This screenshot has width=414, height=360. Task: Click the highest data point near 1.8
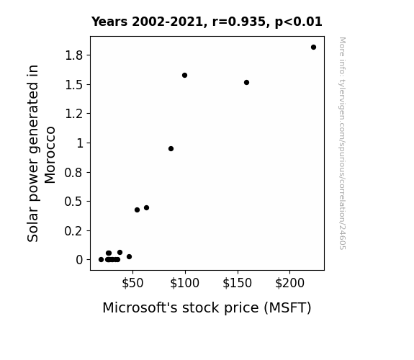pos(313,48)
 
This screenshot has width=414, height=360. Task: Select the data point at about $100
pos(184,76)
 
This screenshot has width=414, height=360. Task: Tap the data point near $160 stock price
pos(247,82)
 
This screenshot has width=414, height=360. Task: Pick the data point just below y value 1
pos(171,149)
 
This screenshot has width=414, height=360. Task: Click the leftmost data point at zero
pos(101,260)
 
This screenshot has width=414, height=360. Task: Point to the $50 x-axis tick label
pos(132,283)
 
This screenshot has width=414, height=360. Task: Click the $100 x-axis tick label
pos(184,283)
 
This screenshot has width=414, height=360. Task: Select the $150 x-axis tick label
pos(237,283)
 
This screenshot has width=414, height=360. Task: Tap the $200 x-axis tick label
pos(289,283)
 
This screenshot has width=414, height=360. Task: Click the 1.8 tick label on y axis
pos(74,55)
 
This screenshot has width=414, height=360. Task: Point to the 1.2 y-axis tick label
pos(74,114)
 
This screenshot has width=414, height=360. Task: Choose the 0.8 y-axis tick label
pos(74,173)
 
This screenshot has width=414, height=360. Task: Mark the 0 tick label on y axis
pos(79,260)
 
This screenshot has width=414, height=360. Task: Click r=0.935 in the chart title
pos(239,22)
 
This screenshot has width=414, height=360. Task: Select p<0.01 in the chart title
pos(299,22)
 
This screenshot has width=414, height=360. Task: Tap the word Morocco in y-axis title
pos(50,155)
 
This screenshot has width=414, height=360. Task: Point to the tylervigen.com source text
pos(342,143)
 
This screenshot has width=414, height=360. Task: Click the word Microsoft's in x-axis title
pos(140,307)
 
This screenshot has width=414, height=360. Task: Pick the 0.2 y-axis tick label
pos(74,231)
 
